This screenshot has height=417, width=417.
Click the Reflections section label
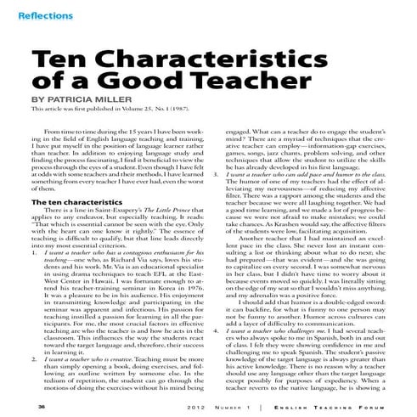coord(38,15)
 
